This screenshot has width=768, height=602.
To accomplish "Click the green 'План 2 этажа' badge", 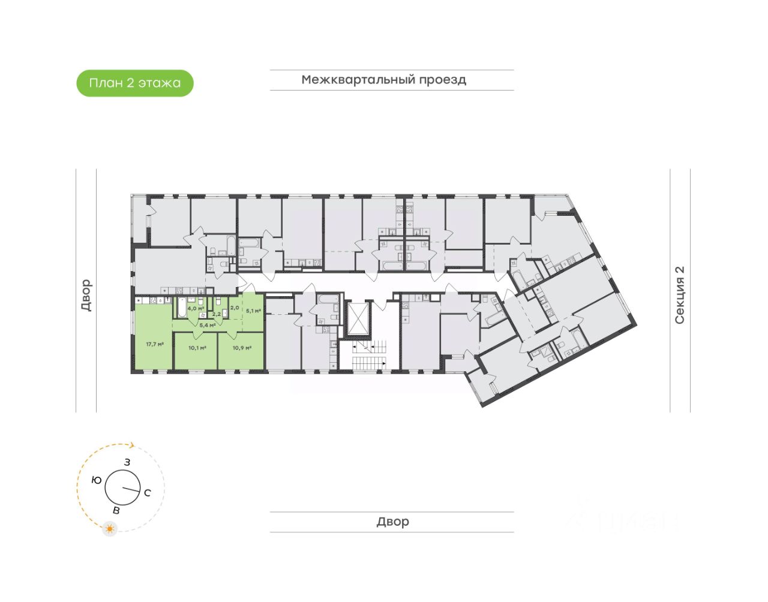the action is pos(135,83).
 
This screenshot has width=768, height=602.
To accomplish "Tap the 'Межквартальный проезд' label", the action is pos(384,80).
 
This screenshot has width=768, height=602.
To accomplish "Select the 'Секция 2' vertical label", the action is pos(680,295).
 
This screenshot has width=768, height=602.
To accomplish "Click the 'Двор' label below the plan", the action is pos(392,522).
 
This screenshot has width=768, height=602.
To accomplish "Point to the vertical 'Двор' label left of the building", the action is pos(86,295).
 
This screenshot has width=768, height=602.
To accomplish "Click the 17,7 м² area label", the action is pos(154,344).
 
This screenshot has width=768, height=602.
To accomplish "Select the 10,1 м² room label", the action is pos(197,347).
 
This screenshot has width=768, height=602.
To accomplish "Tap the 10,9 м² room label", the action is pos(242,347).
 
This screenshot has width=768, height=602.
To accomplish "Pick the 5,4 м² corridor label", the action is pos(207,326).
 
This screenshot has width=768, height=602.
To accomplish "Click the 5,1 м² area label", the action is pos(253,311).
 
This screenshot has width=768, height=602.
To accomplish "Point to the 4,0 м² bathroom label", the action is pos(196,308).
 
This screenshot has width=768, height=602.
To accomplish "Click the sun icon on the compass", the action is pos(110,529).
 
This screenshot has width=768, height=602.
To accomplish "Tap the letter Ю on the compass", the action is pos(96,480).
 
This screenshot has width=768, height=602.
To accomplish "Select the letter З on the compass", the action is pos(127,462).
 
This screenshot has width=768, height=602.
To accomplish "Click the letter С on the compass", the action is pos(148,493).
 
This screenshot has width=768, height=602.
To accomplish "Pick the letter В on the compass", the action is pos(116,510).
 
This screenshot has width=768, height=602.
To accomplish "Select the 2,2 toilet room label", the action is pos(217,314).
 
